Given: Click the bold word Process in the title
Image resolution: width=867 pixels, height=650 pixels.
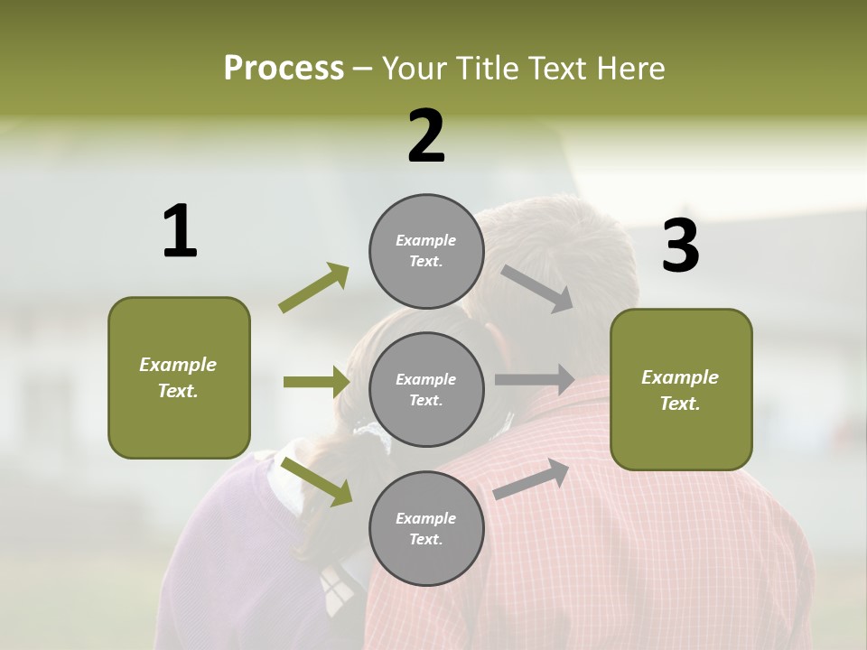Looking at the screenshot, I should [284, 69].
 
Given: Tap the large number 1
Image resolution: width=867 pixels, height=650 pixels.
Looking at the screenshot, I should [180, 231].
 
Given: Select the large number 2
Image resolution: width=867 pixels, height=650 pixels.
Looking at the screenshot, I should [426, 135].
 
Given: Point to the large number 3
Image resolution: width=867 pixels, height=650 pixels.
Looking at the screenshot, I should [680, 246].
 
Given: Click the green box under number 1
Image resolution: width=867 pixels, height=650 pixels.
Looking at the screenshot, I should [179, 377].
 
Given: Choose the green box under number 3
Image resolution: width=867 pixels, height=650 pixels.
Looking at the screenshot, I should [681, 389].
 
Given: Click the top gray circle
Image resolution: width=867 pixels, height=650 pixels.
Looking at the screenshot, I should [426, 251].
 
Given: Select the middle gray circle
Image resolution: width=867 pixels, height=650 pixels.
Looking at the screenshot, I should [426, 389].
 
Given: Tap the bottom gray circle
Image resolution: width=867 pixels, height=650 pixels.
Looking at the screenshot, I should [426, 528].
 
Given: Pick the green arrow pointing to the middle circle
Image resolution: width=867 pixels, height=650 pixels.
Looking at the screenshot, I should [316, 382].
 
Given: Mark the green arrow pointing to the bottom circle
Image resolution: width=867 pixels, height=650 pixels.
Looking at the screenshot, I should [316, 481].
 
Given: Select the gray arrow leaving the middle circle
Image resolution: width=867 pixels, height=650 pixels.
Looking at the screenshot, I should [535, 379].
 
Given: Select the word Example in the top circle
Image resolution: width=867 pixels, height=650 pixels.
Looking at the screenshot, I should [426, 240].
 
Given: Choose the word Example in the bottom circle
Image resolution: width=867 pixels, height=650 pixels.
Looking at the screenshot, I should [426, 518].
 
